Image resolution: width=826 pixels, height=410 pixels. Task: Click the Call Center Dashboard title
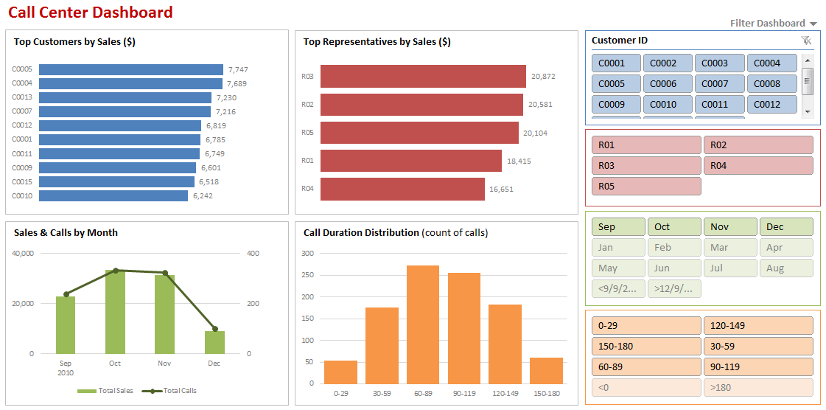(91, 13)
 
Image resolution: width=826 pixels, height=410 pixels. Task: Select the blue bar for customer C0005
(130, 69)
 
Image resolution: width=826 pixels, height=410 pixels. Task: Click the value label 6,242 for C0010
(203, 196)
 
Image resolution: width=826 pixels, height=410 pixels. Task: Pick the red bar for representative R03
(423, 76)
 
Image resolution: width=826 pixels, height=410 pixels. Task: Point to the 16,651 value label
(502, 189)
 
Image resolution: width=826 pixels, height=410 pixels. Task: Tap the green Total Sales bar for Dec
(214, 342)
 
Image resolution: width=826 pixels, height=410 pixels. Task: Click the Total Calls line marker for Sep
(66, 294)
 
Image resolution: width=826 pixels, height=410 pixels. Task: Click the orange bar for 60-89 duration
(423, 324)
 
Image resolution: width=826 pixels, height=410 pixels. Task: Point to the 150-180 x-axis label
(546, 394)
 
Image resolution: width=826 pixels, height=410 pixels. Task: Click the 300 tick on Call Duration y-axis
(308, 254)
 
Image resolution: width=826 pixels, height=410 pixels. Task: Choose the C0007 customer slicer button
(720, 84)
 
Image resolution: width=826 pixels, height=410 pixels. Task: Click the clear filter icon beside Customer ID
(806, 41)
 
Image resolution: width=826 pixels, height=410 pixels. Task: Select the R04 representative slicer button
(758, 166)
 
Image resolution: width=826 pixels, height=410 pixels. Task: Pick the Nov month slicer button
(730, 227)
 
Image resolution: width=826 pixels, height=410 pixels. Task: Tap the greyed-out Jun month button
(674, 268)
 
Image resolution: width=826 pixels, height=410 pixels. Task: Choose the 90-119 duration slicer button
(758, 367)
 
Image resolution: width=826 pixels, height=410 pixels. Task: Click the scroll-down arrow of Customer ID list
(808, 111)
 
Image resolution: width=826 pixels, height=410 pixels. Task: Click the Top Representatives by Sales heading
(377, 42)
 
